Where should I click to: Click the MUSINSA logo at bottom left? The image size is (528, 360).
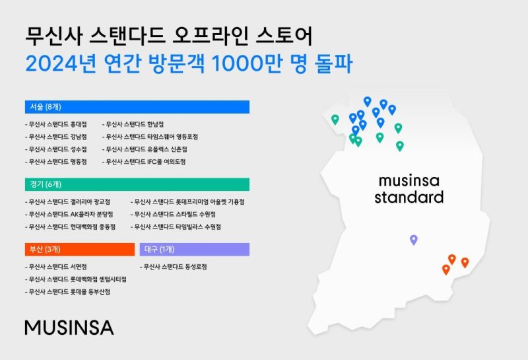coord(69,327)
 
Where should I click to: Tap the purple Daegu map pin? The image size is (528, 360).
coord(414,239)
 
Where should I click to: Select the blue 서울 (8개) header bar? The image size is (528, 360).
coord(137,107)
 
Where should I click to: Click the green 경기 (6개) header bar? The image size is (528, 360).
coord(137,184)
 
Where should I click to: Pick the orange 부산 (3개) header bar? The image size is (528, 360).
coord(79,249)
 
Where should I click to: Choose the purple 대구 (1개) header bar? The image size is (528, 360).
coord(195,249)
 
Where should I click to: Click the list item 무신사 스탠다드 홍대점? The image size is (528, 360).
coord(56,124)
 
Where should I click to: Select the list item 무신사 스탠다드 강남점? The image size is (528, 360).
coord(56,137)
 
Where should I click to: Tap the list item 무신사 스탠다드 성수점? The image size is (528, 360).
coord(56,149)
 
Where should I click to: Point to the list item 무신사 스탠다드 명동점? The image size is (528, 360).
coord(56,162)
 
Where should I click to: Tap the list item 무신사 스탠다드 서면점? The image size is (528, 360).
coord(56,267)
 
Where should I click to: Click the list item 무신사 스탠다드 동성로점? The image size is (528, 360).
coord(174,267)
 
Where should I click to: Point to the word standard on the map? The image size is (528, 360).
coord(409,198)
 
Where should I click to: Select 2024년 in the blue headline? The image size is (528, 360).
coord(55,65)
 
